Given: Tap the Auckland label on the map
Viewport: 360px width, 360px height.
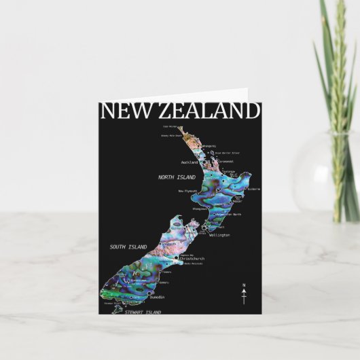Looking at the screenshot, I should [188, 162].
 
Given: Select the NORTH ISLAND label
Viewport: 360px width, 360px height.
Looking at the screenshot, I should [176, 177].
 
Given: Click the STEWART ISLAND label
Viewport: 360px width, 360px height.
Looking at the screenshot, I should [143, 312].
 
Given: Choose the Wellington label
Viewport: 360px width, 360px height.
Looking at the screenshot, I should [219, 235].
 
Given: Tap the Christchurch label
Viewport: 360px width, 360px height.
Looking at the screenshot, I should [194, 259].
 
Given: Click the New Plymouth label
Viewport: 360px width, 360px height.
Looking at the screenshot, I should [187, 191].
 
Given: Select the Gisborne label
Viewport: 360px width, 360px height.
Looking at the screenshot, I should [252, 189].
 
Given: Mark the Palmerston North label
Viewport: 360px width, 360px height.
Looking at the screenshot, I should [228, 215].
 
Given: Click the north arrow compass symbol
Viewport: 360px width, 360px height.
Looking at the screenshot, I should [244, 295].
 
